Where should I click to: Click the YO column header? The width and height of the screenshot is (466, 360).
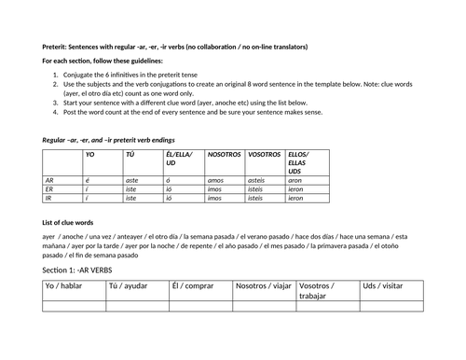click(x=90, y=155)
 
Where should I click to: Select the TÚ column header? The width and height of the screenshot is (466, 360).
click(x=130, y=155)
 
